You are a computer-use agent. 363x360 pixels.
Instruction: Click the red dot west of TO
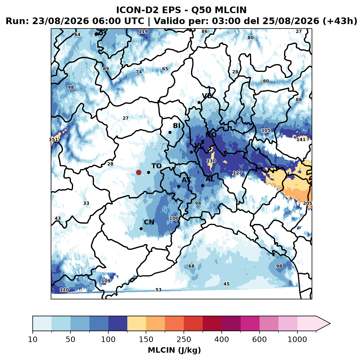tap(139, 172)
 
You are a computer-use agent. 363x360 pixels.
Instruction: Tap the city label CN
tap(149, 222)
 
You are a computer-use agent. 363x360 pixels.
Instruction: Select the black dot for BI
tap(170, 133)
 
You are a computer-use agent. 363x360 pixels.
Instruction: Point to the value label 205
tap(307, 203)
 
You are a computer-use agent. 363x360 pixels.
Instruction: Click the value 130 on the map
tap(211, 161)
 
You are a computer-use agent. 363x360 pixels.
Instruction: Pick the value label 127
tap(237, 173)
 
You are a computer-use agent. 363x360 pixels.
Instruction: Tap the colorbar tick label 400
tap(221, 339)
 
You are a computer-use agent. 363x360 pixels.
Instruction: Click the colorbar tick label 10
tap(33, 339)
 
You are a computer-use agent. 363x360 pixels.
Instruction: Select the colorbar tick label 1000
tap(297, 339)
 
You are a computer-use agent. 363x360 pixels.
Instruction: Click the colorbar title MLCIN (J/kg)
tap(174, 350)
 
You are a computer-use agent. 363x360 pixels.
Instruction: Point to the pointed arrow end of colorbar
tap(330, 324)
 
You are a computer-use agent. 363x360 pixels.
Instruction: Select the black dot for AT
tap(179, 187)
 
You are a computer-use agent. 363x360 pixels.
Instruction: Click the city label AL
tap(210, 179)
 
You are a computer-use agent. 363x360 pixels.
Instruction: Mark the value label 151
tap(54, 140)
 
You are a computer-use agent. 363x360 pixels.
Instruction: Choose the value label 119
tap(143, 31)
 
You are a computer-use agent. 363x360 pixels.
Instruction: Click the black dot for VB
tap(199, 102)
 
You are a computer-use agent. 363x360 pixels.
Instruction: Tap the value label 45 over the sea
tap(226, 284)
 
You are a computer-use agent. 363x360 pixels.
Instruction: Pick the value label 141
tap(301, 140)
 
